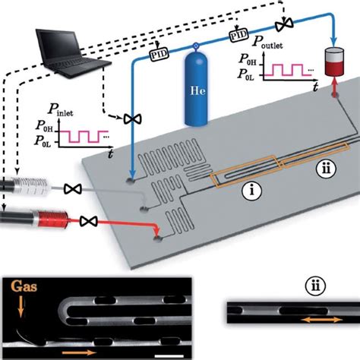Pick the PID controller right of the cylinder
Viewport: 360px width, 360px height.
pyautogui.click(x=238, y=35)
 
